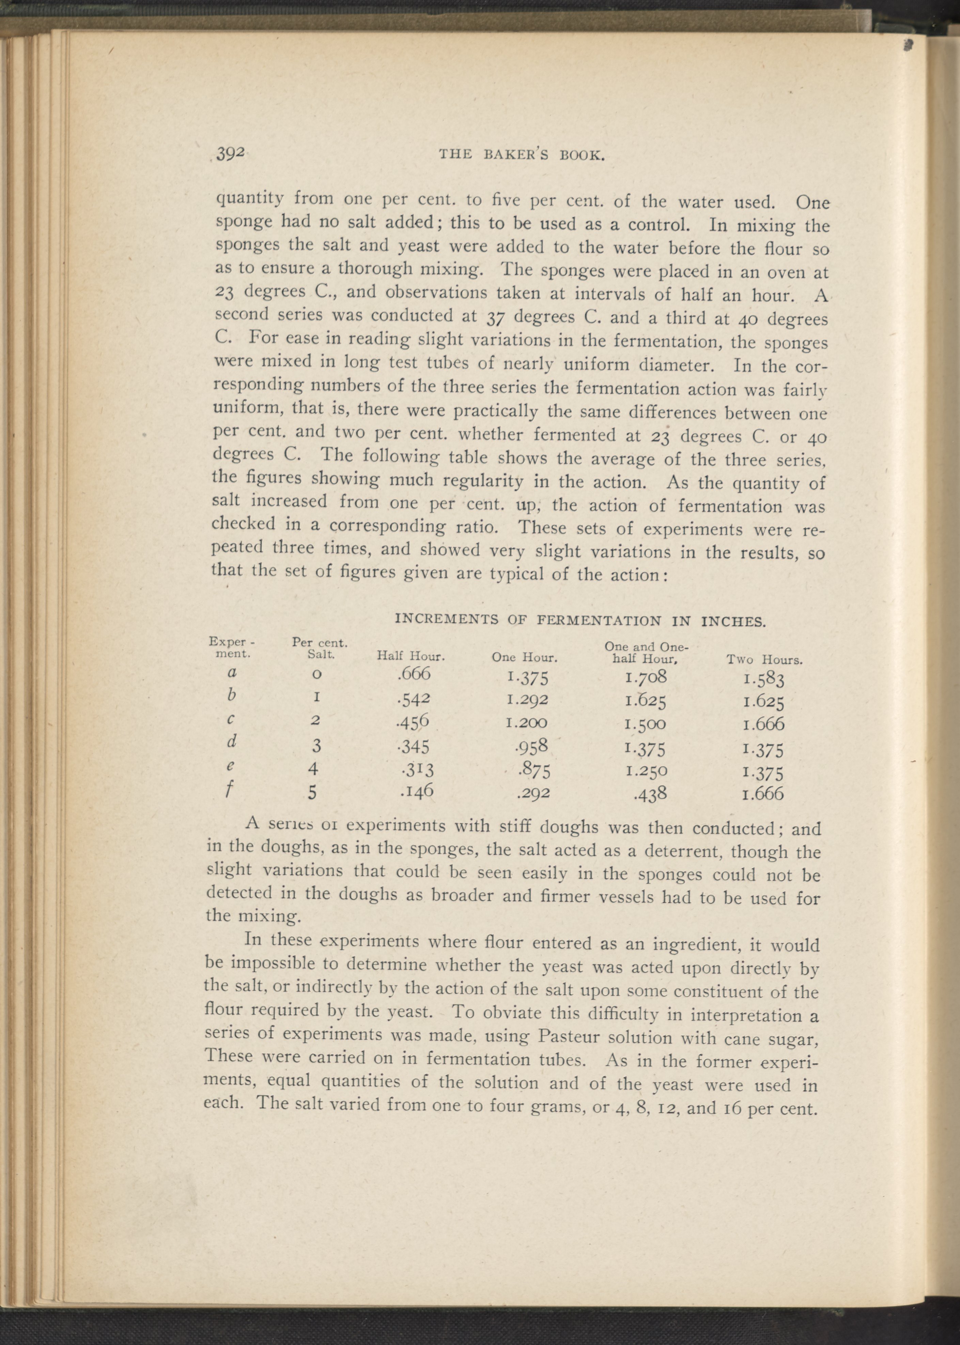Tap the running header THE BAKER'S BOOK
pos(521,155)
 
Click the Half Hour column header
pos(410,656)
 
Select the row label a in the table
pos(232,672)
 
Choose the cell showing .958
pos(532,746)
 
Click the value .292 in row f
pos(532,793)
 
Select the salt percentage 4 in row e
pos(313,768)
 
